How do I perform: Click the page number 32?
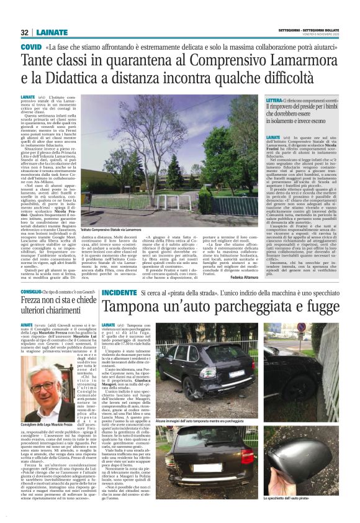(x=25, y=32)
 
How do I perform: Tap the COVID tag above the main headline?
(x=32, y=47)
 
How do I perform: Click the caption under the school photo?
(x=135, y=230)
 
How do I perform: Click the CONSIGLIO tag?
(x=32, y=273)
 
